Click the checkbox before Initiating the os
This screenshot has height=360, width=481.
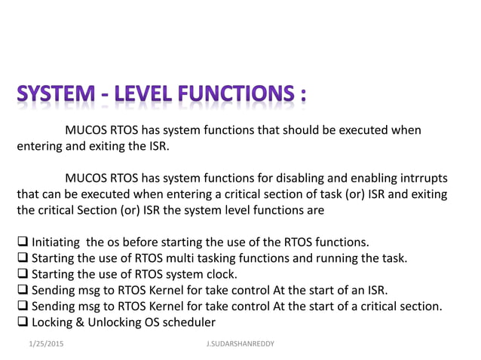click(x=23, y=243)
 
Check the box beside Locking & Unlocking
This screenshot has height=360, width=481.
click(x=23, y=322)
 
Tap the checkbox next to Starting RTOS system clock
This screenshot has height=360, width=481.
click(x=23, y=274)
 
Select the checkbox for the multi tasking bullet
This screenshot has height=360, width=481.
click(x=23, y=258)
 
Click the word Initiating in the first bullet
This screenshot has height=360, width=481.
click(x=57, y=243)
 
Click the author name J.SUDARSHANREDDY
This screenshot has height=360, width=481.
click(x=240, y=343)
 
